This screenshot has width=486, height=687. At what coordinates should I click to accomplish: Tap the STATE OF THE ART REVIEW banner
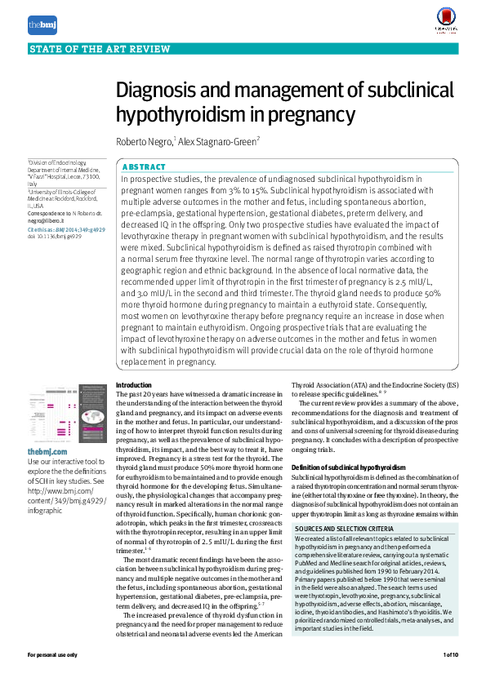pos(83,50)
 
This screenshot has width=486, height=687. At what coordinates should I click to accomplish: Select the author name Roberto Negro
pos(144,141)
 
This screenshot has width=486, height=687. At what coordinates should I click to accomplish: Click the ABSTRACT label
pos(143,166)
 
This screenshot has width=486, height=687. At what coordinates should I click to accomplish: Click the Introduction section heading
pos(134,384)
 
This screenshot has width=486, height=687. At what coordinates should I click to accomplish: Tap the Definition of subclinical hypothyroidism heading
pos(348,467)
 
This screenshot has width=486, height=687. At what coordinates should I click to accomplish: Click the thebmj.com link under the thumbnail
pos(47,451)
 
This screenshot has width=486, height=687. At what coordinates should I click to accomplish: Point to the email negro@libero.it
pos(46,220)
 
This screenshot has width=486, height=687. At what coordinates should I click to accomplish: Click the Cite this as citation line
pos(66,230)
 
